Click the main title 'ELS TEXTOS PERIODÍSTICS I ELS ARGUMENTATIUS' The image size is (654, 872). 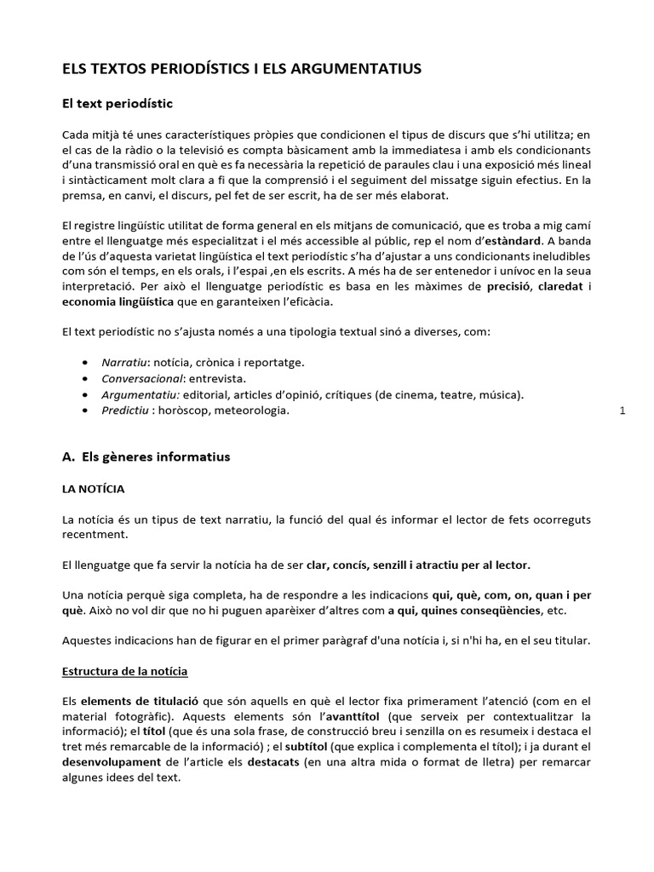coord(242,68)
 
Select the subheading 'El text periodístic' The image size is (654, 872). coord(118,104)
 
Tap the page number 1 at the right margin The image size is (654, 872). coord(622,411)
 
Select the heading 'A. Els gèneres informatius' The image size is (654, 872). coord(146,456)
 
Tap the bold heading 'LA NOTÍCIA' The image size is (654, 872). coord(94,489)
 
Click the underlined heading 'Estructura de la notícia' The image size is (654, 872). coord(131,671)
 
